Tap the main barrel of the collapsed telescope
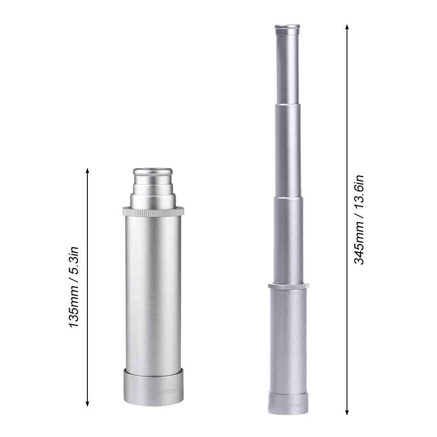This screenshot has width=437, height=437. tap(152, 293)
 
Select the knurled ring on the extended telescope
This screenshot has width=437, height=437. tap(288, 287)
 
